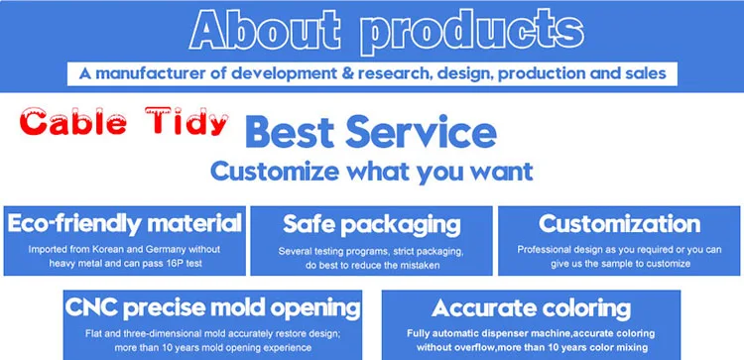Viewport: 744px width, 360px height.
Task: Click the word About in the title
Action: coord(264,31)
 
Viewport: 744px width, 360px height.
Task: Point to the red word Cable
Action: coord(73,122)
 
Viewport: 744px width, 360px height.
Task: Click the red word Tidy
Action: coord(188,121)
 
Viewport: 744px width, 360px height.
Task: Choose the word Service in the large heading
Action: coord(422,132)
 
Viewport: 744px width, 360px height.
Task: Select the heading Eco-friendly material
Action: coord(124,223)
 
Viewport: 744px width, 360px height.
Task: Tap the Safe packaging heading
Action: coord(372,225)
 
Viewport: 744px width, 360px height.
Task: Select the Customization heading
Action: coord(619,224)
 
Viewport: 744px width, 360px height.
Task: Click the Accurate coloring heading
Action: coord(531,309)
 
